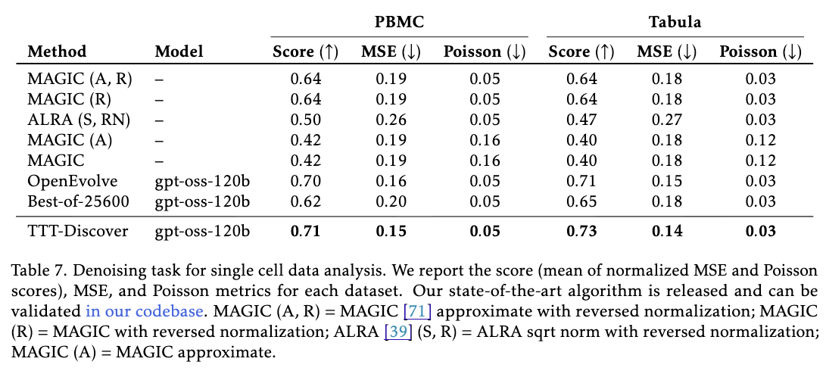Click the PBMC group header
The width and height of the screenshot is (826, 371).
pyautogui.click(x=401, y=22)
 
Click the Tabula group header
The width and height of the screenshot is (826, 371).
pyautogui.click(x=675, y=22)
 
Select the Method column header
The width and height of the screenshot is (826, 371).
pyautogui.click(x=57, y=52)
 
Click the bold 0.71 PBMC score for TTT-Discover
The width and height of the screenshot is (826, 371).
pyautogui.click(x=306, y=231)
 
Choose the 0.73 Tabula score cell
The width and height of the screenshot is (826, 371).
pyautogui.click(x=581, y=231)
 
